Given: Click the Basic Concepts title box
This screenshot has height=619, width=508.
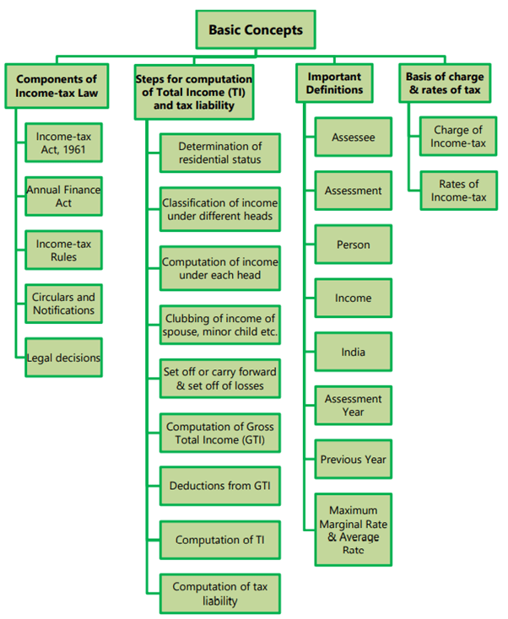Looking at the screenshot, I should (255, 31).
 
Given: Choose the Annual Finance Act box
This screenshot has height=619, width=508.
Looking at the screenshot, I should (63, 196).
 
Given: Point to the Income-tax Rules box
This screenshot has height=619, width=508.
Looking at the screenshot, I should (63, 250).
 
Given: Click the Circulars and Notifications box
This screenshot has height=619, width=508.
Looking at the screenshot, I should (63, 304).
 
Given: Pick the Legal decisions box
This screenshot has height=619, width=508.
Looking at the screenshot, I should (63, 358).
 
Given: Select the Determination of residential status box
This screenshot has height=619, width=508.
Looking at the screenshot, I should (219, 153).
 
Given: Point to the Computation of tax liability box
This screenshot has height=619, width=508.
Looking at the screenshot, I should (219, 594).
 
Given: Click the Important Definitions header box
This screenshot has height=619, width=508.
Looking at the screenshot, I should (335, 83).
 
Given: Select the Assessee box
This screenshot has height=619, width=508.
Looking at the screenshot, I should (353, 137).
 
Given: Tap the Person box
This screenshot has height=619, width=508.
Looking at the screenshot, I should (353, 245).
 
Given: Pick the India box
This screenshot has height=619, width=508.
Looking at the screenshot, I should (353, 352).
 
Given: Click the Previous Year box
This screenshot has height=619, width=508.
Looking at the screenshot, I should (353, 460).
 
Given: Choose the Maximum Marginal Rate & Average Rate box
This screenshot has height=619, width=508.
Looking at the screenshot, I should (353, 530).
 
